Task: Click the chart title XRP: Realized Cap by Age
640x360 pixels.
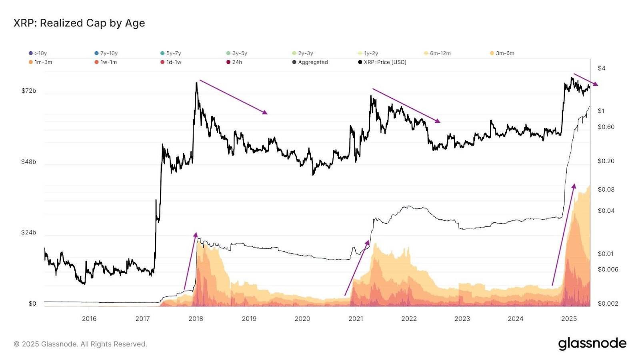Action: click(x=79, y=23)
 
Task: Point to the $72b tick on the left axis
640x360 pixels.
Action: click(x=29, y=91)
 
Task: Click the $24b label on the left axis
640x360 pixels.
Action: click(x=29, y=232)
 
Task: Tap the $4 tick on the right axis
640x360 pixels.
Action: click(x=602, y=68)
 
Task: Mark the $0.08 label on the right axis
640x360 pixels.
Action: click(x=606, y=190)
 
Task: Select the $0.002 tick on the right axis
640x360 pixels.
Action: click(x=608, y=304)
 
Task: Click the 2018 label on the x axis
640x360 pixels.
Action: click(x=196, y=319)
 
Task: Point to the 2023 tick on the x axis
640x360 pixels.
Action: click(x=462, y=319)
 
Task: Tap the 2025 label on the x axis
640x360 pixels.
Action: click(x=569, y=319)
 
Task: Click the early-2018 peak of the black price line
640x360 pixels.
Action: click(x=196, y=83)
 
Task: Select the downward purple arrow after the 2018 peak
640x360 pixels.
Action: click(x=233, y=97)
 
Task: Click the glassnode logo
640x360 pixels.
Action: click(x=592, y=344)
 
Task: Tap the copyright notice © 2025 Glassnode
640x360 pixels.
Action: click(x=80, y=344)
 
